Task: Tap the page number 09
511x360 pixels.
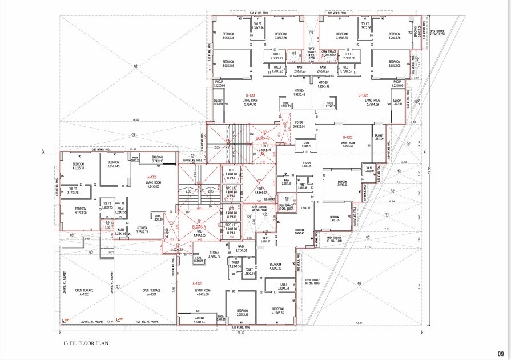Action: tap(500, 354)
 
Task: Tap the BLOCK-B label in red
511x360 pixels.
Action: tap(263, 138)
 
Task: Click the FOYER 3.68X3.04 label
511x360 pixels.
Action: tap(300, 123)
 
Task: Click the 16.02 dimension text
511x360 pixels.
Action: tap(135, 119)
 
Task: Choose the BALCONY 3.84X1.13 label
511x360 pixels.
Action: tap(199, 319)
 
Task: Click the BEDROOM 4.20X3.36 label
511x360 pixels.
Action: tap(395, 37)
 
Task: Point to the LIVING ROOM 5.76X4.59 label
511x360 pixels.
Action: tap(377, 102)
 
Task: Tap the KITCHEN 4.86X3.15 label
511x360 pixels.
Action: tap(306, 165)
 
